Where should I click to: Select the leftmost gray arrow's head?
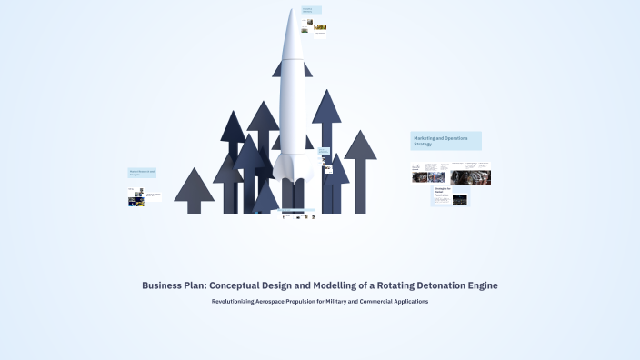click(x=194, y=185)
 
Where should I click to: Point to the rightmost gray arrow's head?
click(x=360, y=145)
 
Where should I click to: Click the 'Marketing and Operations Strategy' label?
click(x=445, y=141)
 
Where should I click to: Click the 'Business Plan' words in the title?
click(x=173, y=285)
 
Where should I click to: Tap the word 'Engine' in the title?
click(x=479, y=285)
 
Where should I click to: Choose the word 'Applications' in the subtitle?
click(x=407, y=301)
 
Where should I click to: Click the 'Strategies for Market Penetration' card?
click(x=443, y=193)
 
